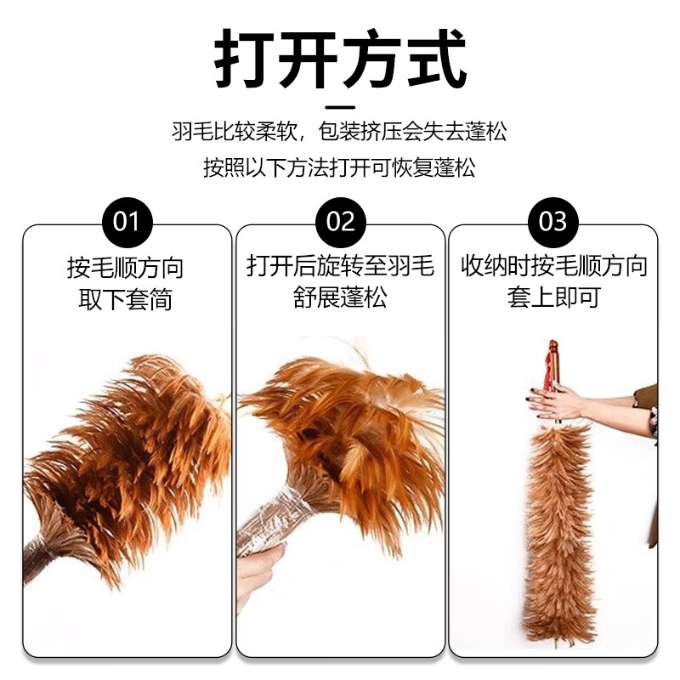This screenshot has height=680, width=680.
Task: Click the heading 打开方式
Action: pyautogui.click(x=340, y=58)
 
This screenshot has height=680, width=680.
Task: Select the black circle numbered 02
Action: pyautogui.click(x=340, y=222)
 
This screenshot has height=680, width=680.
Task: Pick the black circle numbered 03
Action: pyautogui.click(x=553, y=222)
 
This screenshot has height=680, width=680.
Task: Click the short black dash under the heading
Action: pyautogui.click(x=340, y=107)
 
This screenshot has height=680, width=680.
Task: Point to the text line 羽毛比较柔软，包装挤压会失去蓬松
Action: pyautogui.click(x=340, y=133)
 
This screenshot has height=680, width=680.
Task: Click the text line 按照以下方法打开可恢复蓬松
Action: pyautogui.click(x=340, y=167)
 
